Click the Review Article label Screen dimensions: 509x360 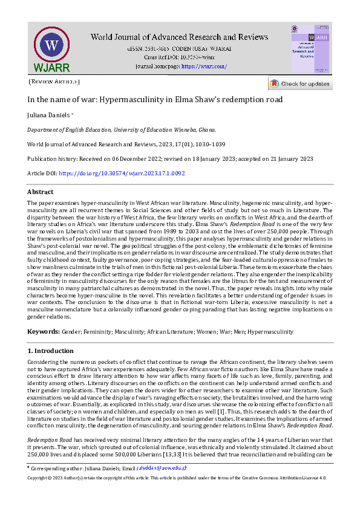(53, 82)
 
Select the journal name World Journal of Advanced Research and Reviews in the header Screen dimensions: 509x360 (180, 37)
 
